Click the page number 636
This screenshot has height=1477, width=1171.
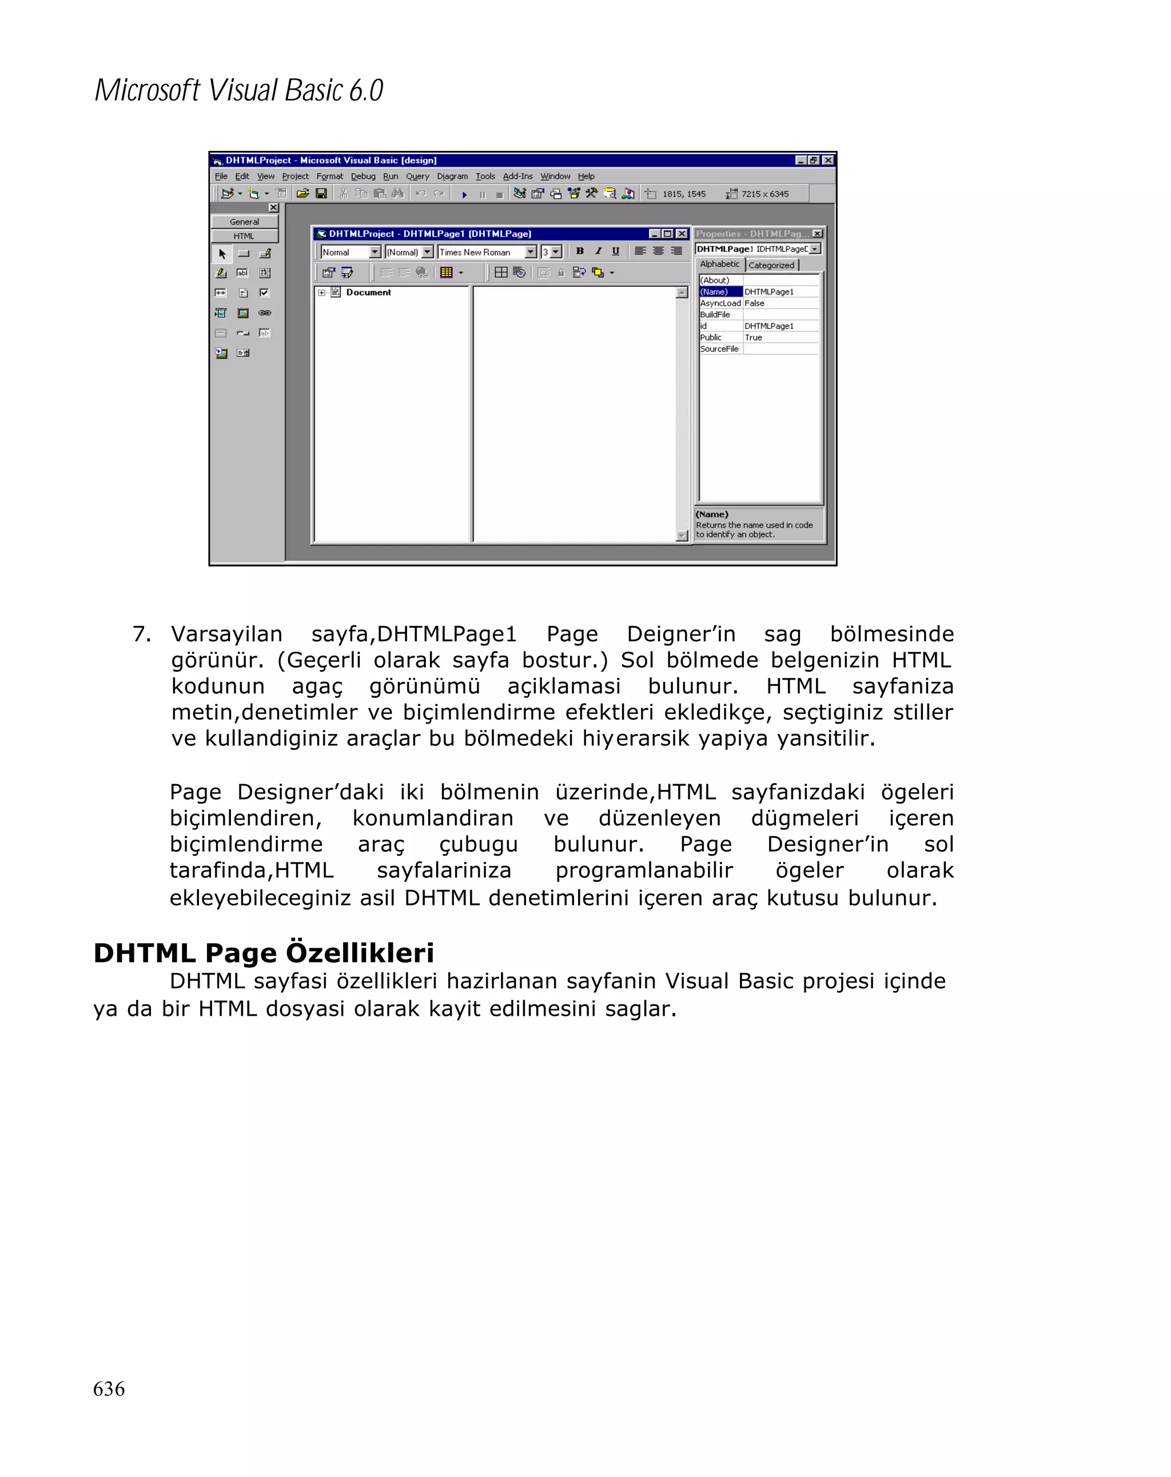pyautogui.click(x=108, y=1388)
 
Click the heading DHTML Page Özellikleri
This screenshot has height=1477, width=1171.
pyautogui.click(x=263, y=953)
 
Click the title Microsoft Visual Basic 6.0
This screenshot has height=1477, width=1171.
pyautogui.click(x=238, y=90)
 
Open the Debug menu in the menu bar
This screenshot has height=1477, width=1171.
pyautogui.click(x=363, y=176)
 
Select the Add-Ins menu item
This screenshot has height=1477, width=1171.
pyautogui.click(x=517, y=176)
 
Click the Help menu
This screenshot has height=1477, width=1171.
pyautogui.click(x=586, y=176)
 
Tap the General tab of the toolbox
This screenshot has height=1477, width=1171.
pyautogui.click(x=244, y=222)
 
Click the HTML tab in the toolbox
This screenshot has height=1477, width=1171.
pyautogui.click(x=244, y=236)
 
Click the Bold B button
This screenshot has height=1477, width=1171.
pyautogui.click(x=580, y=252)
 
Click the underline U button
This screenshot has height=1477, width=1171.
pyautogui.click(x=615, y=252)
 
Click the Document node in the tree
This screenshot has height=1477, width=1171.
pyautogui.click(x=368, y=293)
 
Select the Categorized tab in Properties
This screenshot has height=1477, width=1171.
pyautogui.click(x=771, y=265)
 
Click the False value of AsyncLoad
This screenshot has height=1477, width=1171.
pyautogui.click(x=754, y=304)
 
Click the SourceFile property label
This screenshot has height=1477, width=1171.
pyautogui.click(x=719, y=349)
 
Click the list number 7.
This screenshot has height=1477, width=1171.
pyautogui.click(x=141, y=634)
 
